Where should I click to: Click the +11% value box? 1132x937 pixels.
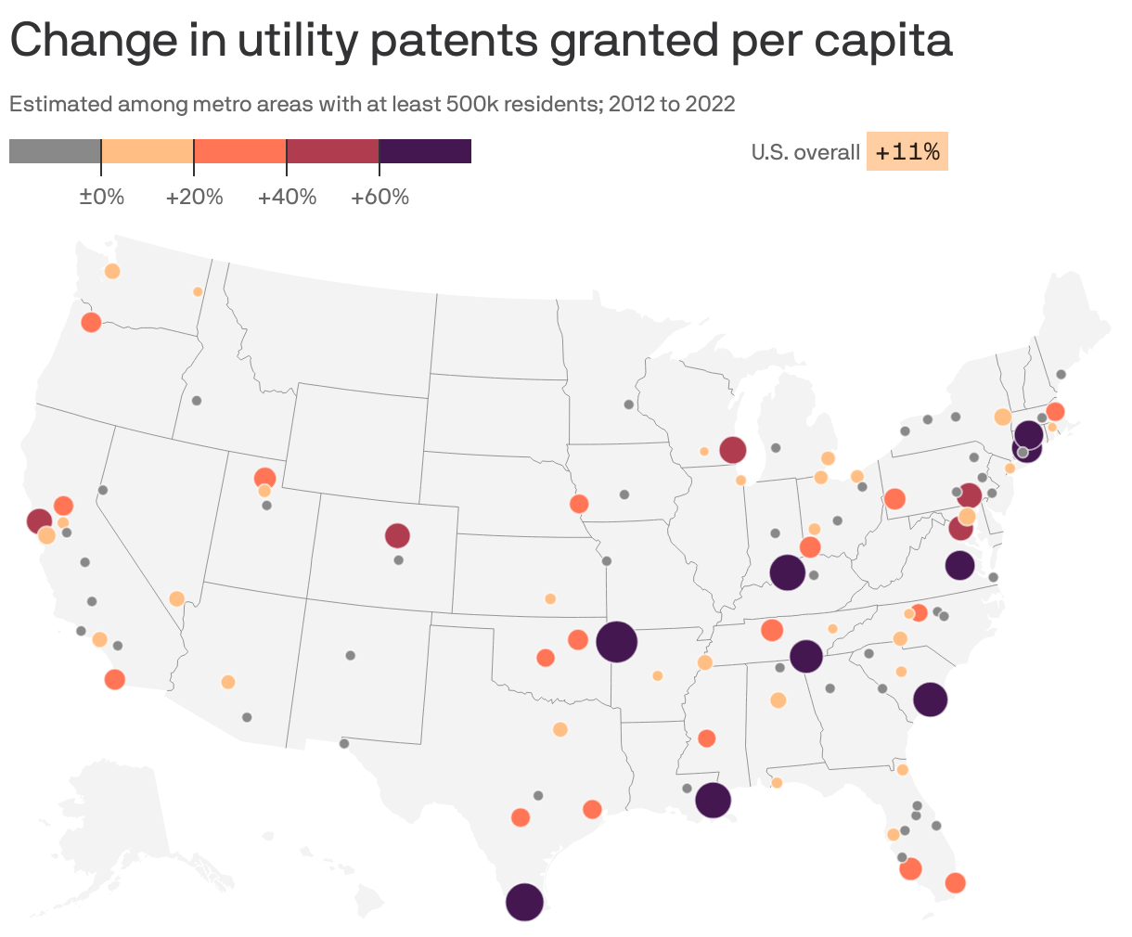[907, 152]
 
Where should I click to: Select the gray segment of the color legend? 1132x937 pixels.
[55, 151]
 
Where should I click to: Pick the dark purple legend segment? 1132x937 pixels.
[425, 151]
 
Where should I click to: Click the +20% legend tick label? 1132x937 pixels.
[194, 198]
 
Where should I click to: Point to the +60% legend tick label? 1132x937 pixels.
[379, 198]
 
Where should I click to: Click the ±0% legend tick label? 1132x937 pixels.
[101, 198]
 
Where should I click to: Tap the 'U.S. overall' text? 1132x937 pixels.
[805, 152]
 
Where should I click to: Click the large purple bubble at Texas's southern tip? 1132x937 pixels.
[524, 902]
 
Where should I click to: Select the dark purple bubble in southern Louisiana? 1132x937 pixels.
[713, 799]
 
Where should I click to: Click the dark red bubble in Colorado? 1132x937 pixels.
[397, 535]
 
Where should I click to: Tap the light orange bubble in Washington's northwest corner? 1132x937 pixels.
[112, 271]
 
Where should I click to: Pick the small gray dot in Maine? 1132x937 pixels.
[1061, 375]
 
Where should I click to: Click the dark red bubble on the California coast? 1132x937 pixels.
[39, 520]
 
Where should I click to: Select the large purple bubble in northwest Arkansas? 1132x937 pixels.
[616, 641]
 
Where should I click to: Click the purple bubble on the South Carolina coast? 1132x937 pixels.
[930, 700]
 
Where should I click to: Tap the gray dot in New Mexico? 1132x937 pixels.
[350, 655]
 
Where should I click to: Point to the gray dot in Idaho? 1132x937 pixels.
[197, 401]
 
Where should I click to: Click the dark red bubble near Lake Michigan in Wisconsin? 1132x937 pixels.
[733, 450]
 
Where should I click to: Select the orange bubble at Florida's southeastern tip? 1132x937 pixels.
[955, 883]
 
